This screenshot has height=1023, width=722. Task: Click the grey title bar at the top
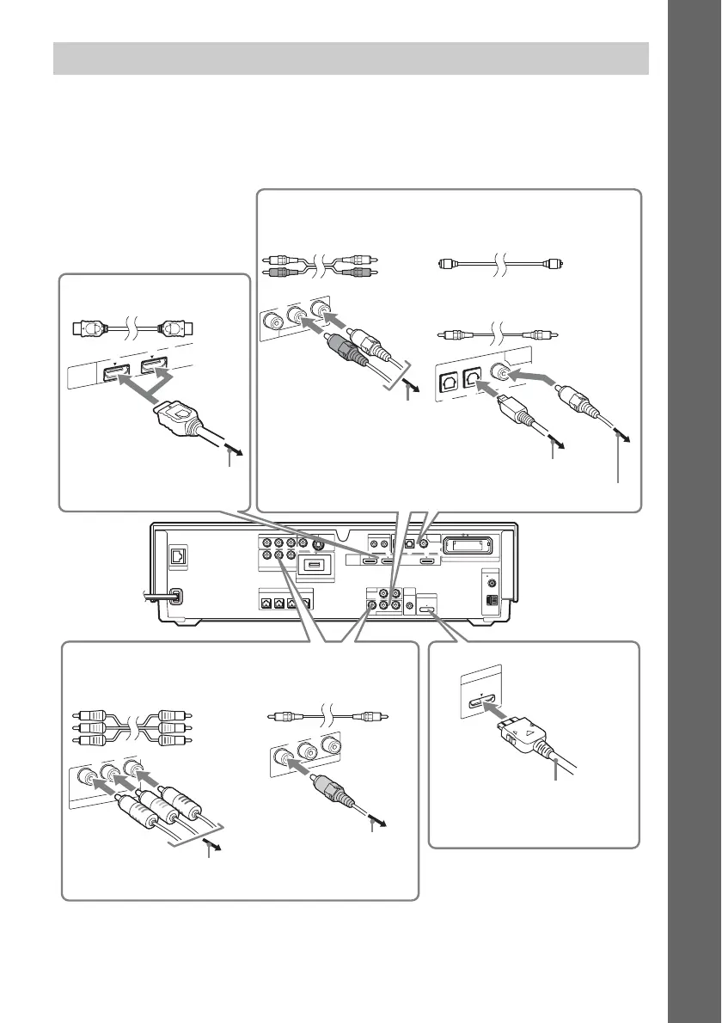[351, 58]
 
